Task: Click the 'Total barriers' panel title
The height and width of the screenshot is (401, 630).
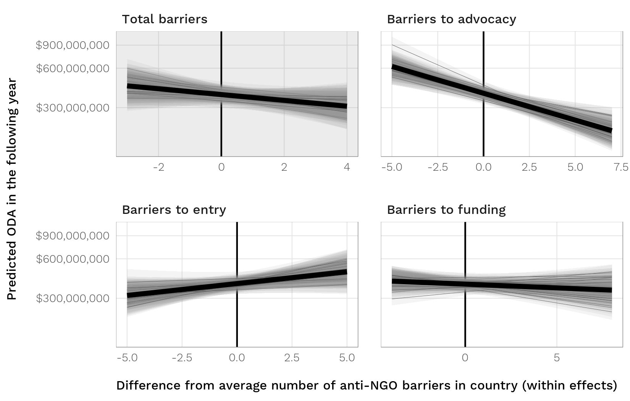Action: tap(165, 19)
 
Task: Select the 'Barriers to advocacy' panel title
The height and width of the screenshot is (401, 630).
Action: tap(451, 19)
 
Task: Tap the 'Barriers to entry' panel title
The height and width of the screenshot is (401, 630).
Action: tap(174, 210)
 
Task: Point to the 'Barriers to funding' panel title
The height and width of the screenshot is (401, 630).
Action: tap(446, 210)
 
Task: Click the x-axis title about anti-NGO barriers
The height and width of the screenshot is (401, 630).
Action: tap(367, 385)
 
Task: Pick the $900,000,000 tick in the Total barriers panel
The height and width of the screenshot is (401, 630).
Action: tap(73, 45)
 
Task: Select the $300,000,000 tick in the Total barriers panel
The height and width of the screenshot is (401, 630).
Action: tap(73, 108)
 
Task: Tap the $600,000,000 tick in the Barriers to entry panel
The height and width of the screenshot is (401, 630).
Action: tap(73, 259)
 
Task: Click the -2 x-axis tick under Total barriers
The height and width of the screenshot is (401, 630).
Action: tap(158, 167)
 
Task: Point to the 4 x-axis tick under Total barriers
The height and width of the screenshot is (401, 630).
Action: tap(347, 167)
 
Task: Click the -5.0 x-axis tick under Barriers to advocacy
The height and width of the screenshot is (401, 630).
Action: tap(392, 167)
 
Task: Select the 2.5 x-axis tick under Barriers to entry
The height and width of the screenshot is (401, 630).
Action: tap(292, 358)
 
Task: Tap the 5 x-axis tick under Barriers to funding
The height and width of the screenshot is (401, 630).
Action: tap(557, 358)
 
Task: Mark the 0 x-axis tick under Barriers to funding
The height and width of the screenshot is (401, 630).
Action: tap(465, 358)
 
